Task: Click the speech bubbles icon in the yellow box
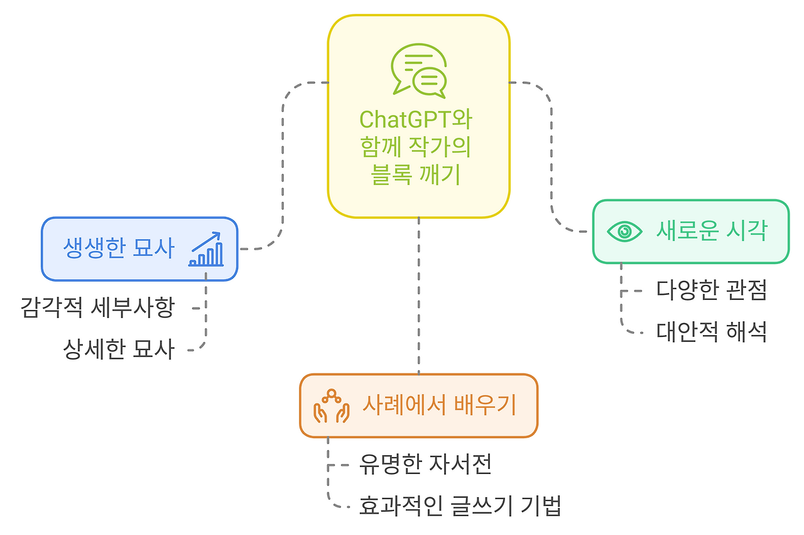(419, 71)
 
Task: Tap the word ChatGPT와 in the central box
(415, 119)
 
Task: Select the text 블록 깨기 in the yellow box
(416, 175)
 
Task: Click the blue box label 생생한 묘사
(119, 249)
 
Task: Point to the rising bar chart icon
(205, 250)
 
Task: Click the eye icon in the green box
(624, 231)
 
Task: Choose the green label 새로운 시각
(711, 231)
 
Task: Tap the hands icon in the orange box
(331, 406)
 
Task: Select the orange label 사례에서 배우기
(438, 405)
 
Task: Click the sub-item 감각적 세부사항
(98, 308)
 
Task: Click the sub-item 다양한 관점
(711, 290)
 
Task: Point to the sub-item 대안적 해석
(711, 331)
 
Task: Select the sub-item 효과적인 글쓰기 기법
(460, 505)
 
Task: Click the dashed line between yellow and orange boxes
(419, 295)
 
